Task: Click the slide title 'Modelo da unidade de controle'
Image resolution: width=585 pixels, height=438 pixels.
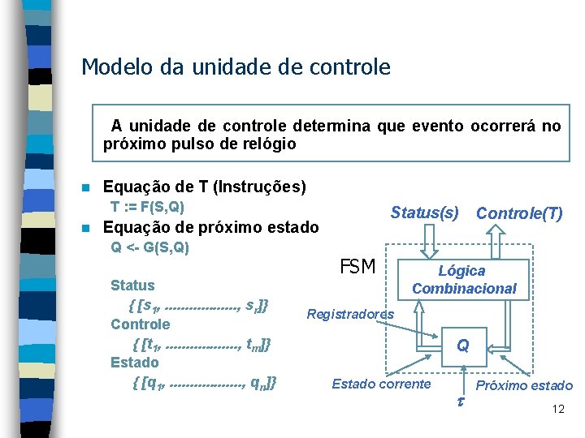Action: tap(236, 67)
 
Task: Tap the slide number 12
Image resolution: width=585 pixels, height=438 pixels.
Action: tap(557, 409)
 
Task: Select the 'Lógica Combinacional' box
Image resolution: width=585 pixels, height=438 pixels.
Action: tap(463, 280)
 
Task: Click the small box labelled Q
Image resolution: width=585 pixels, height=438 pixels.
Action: tap(462, 346)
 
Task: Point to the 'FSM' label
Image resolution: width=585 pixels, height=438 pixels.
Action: tap(357, 267)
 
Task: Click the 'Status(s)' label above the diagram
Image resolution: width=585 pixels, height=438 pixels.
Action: tap(424, 213)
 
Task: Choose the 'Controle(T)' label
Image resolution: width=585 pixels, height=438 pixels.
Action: tap(519, 213)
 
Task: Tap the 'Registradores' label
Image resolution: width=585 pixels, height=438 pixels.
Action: tap(350, 314)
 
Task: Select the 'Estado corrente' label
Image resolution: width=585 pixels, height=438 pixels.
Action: tap(381, 384)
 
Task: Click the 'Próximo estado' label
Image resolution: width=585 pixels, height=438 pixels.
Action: tap(524, 385)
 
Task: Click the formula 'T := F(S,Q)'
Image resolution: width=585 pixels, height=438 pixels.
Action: tap(147, 207)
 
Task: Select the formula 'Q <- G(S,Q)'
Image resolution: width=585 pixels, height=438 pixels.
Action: tap(149, 247)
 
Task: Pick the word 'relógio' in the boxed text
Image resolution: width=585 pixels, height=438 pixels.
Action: tap(268, 144)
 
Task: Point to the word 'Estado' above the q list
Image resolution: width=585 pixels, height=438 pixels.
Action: tap(134, 362)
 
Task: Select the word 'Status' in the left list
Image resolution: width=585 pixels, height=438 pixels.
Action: tap(132, 286)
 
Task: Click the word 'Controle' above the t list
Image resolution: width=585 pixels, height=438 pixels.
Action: tap(141, 324)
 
